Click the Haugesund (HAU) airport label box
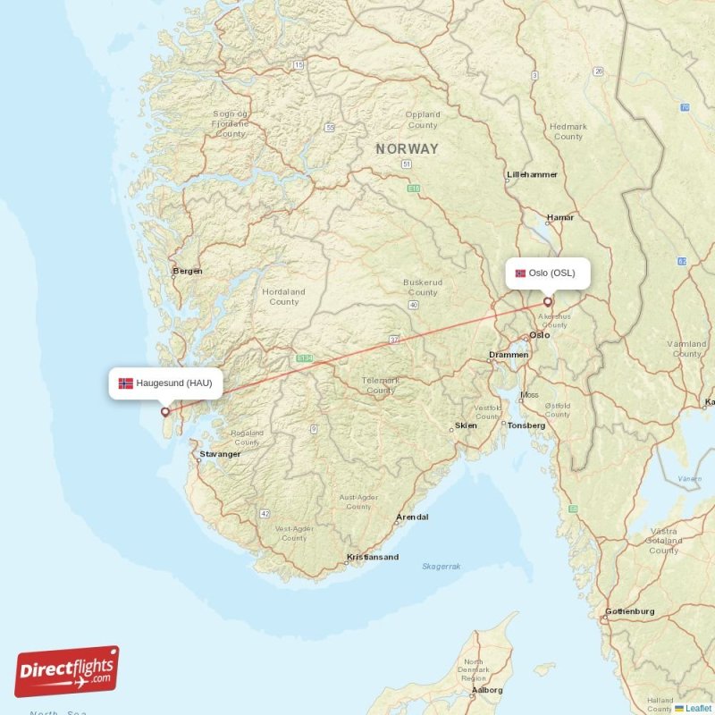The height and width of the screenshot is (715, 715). (x=165, y=383)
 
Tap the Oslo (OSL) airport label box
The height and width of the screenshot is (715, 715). (x=548, y=273)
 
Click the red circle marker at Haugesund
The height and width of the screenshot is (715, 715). (x=165, y=412)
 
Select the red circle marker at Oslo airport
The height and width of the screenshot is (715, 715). (x=548, y=302)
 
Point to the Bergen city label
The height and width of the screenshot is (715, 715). (x=188, y=271)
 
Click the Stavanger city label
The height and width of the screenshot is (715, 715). (x=220, y=454)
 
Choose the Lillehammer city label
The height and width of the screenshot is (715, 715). (x=532, y=174)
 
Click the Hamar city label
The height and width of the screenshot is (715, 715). (x=560, y=217)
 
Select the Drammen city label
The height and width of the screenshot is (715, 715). (x=509, y=355)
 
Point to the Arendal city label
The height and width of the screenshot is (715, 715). (x=412, y=517)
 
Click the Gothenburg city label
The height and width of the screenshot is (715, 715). (x=629, y=611)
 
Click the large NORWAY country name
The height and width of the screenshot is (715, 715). (x=408, y=149)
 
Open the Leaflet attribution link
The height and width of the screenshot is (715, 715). (x=698, y=708)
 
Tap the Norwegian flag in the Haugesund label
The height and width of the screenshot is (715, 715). (x=126, y=383)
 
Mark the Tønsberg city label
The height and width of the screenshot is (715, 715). (x=526, y=425)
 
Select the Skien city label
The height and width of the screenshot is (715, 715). (x=466, y=426)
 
